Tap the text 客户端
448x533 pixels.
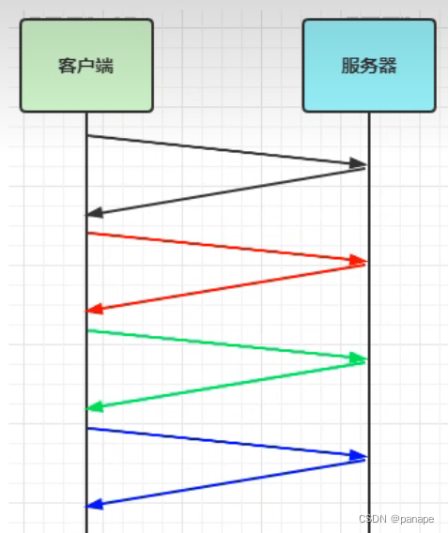tap(85, 66)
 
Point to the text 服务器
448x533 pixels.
tap(368, 66)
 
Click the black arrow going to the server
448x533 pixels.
tap(225, 150)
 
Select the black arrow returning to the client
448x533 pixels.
tap(225, 191)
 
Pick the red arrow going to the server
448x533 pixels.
tap(225, 247)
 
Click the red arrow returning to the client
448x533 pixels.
tap(225, 288)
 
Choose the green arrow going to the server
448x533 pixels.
tap(225, 344)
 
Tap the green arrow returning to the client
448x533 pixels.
tap(225, 386)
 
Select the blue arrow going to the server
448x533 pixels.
tap(225, 442)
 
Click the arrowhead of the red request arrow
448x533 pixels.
tap(358, 260)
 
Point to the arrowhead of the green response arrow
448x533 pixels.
tap(94, 406)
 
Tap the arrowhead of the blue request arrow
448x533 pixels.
tap(358, 456)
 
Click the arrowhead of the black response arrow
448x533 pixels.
tap(94, 213)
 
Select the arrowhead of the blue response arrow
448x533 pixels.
tap(94, 504)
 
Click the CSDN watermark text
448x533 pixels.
tap(373, 520)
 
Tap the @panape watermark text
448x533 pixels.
tap(414, 520)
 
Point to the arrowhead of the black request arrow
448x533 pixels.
tap(358, 164)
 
